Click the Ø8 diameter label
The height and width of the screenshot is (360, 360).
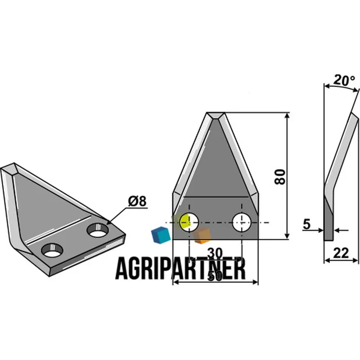click(x=137, y=201)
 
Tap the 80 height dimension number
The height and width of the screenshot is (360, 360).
click(x=280, y=177)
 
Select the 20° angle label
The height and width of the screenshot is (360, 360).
click(x=344, y=80)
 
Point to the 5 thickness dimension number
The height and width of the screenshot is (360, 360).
click(x=306, y=224)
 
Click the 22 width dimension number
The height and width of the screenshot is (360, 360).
click(x=341, y=253)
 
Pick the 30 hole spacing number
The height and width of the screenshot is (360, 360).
click(x=215, y=253)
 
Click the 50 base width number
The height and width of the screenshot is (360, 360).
click(x=215, y=276)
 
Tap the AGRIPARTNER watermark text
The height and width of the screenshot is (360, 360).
click(x=181, y=269)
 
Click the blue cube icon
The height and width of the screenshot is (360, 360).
click(x=161, y=234)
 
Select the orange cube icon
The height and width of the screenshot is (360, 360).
click(x=202, y=235)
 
